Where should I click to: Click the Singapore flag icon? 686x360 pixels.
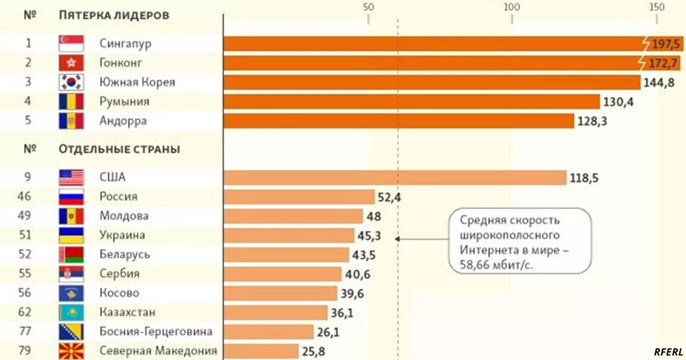click(71, 43)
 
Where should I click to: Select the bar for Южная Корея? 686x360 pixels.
click(432, 82)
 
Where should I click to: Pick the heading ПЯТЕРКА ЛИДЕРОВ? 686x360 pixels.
click(114, 15)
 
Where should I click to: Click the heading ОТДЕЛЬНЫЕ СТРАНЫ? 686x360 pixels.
click(119, 150)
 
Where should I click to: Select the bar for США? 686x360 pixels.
click(394, 178)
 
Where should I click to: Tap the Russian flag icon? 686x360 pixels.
click(71, 197)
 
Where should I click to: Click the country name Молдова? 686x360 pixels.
click(124, 216)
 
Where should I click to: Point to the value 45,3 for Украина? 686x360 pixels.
click(370, 235)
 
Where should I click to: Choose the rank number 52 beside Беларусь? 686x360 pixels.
click(29, 255)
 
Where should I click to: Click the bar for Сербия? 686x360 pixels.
click(282, 274)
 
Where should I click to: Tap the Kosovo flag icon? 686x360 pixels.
click(71, 294)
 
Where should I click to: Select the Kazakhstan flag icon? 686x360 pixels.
click(71, 313)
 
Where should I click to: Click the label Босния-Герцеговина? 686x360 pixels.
click(156, 332)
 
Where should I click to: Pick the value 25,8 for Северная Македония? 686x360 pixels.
click(314, 351)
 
